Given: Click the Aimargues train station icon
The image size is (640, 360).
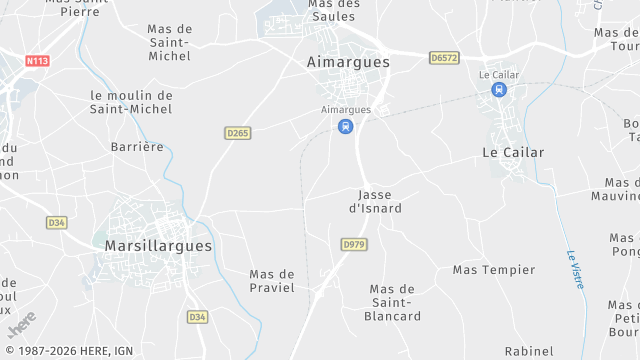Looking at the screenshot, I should pyautogui.click(x=345, y=126).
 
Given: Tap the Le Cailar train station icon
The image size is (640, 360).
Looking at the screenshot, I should pyautogui.click(x=498, y=90).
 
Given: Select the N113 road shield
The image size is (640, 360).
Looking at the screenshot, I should pyautogui.click(x=37, y=61).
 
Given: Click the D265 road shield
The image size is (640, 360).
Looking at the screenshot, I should pyautogui.click(x=237, y=133).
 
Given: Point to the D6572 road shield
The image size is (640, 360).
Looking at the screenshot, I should pyautogui.click(x=444, y=59).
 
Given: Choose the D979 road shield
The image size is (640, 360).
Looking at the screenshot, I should pyautogui.click(x=353, y=244).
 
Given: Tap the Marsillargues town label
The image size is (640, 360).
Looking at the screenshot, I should pyautogui.click(x=159, y=244).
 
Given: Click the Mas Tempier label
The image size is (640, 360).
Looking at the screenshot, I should pyautogui.click(x=494, y=270).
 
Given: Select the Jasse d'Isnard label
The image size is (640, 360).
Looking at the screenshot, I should pyautogui.click(x=375, y=201).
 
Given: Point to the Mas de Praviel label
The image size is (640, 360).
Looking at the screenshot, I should pyautogui.click(x=272, y=281).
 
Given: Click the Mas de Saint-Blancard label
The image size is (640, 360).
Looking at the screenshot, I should pyautogui.click(x=395, y=303).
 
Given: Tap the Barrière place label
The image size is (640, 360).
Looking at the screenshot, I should pyautogui.click(x=137, y=146).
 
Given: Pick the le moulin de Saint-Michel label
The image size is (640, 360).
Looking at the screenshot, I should pyautogui.click(x=131, y=103).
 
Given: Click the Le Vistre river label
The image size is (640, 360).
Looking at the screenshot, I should pyautogui.click(x=575, y=270).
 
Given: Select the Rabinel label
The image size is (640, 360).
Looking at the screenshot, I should pyautogui.click(x=529, y=351).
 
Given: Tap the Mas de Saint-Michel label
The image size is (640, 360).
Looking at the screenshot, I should pyautogui.click(x=169, y=43).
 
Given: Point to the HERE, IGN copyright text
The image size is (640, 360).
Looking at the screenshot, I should pyautogui.click(x=68, y=351).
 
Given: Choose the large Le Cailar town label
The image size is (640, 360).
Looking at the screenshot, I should pyautogui.click(x=513, y=152).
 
